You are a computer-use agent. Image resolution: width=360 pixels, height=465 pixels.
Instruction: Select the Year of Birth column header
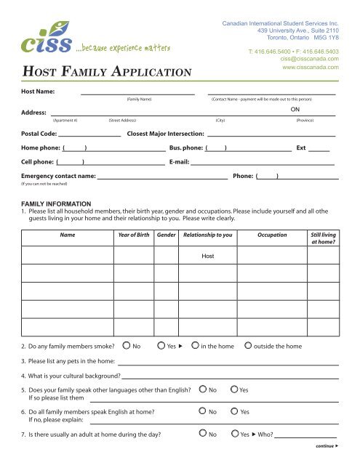pyautogui.click(x=135, y=236)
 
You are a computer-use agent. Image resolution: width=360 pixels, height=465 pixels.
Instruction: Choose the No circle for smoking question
pyautogui.click(x=127, y=347)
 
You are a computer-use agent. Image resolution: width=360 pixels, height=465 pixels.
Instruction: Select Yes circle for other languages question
pyautogui.click(x=234, y=390)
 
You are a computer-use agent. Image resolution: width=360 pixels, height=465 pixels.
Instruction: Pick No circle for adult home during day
pyautogui.click(x=203, y=436)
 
